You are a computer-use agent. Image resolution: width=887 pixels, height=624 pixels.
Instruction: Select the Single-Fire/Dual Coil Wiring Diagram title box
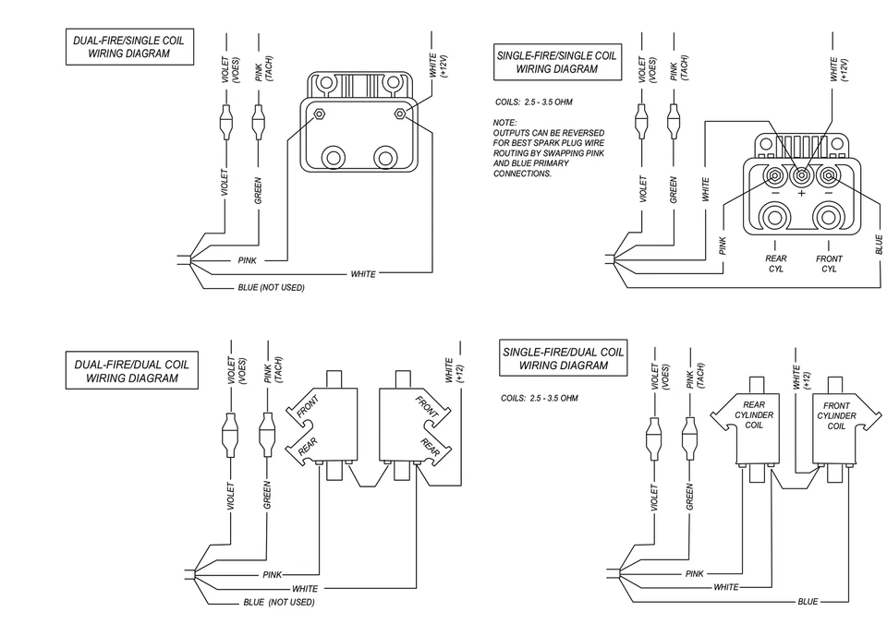click(563, 358)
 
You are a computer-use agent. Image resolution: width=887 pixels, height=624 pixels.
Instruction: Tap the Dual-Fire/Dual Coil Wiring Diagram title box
click(130, 370)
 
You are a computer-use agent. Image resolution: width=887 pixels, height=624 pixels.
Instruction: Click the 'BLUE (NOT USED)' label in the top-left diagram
click(270, 288)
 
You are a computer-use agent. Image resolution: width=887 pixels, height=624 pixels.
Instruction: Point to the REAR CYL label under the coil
click(775, 264)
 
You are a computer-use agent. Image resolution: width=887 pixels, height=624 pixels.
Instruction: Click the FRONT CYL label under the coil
click(829, 264)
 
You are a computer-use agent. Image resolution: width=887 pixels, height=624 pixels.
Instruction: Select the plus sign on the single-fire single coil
click(801, 194)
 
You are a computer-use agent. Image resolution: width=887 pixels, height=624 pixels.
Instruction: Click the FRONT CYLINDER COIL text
click(836, 415)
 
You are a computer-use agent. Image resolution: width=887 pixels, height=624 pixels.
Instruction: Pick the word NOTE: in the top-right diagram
click(504, 123)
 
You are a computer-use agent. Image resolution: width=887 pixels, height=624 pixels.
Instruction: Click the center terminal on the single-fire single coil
click(801, 174)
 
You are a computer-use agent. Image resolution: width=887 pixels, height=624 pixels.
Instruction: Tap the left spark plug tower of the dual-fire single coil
click(333, 156)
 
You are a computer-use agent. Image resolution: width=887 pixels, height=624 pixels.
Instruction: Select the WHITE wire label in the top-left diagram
click(363, 275)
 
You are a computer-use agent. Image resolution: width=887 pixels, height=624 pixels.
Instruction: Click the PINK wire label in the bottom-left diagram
click(272, 574)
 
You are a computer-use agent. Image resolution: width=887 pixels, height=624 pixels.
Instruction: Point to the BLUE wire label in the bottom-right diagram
click(807, 602)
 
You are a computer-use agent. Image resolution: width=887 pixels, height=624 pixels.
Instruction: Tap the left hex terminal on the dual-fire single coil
click(319, 114)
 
